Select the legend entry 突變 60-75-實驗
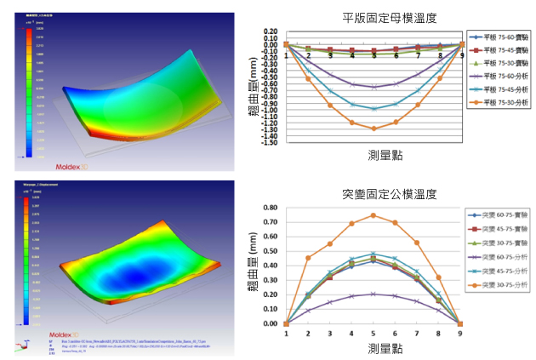[497, 215]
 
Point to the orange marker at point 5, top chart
[373, 129]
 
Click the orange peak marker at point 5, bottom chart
[373, 215]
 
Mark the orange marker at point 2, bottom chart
[308, 258]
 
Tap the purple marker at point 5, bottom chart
[373, 294]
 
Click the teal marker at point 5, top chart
[373, 109]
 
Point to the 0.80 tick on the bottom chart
[272, 208]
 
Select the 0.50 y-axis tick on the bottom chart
[272, 251]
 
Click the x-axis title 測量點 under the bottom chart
[373, 349]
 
